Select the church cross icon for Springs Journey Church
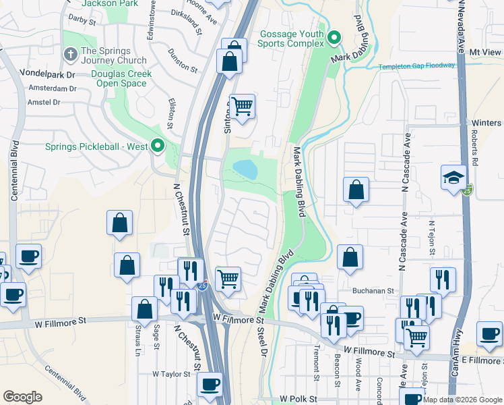(69, 53)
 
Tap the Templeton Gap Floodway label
(416, 66)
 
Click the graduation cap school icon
(453, 178)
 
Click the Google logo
(23, 397)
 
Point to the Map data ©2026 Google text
(462, 400)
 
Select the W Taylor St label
(170, 373)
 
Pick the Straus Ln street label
(137, 337)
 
